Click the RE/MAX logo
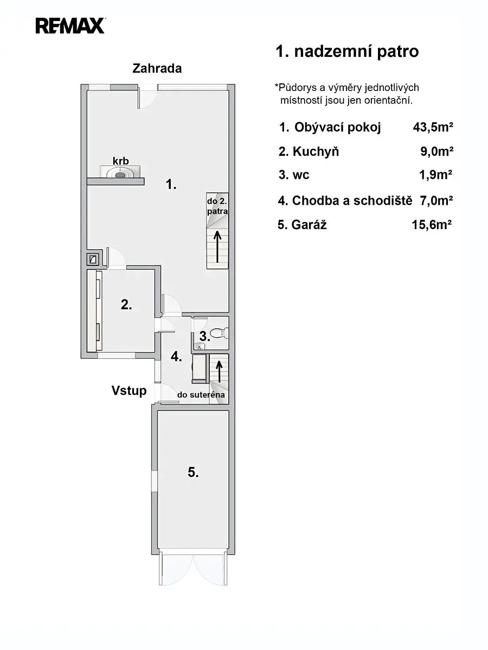click(70, 26)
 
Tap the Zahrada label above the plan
click(157, 68)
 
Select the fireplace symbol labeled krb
click(120, 172)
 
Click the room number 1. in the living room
click(171, 185)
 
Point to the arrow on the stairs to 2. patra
click(218, 246)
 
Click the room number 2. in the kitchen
click(126, 304)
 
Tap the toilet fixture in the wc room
click(221, 333)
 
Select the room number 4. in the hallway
click(176, 356)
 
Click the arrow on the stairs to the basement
click(219, 372)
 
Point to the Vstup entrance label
click(129, 391)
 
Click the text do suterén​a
click(201, 395)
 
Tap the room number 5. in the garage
click(193, 472)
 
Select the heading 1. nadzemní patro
click(347, 51)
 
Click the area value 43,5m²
click(433, 127)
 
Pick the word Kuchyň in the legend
click(316, 151)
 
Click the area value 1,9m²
click(435, 175)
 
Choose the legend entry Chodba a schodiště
click(352, 200)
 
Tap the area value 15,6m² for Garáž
click(432, 225)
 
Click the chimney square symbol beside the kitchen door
click(94, 259)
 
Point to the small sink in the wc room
click(200, 346)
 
